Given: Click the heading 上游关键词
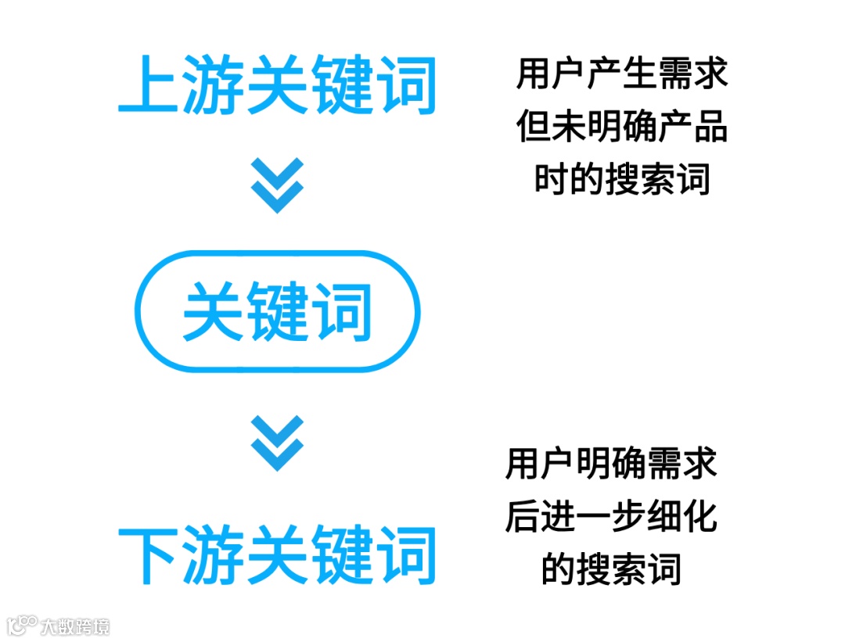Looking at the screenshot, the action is pyautogui.click(x=277, y=84).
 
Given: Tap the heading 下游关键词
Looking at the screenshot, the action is pyautogui.click(x=277, y=556).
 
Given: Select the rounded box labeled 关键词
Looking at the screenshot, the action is pyautogui.click(x=277, y=311).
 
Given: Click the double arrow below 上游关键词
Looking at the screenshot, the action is pyautogui.click(x=277, y=185).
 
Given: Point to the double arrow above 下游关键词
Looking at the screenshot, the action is pyautogui.click(x=277, y=443).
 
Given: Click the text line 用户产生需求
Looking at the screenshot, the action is pyautogui.click(x=622, y=74).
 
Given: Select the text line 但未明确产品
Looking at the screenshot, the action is pyautogui.click(x=622, y=127).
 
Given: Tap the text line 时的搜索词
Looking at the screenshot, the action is pyautogui.click(x=622, y=180).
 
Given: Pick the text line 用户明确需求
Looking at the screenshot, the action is pyautogui.click(x=611, y=464).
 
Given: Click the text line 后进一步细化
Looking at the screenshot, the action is pyautogui.click(x=611, y=517).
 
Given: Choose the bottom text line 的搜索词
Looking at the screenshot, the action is pyautogui.click(x=611, y=569).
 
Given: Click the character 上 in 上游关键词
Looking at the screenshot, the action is pyautogui.click(x=147, y=84).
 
